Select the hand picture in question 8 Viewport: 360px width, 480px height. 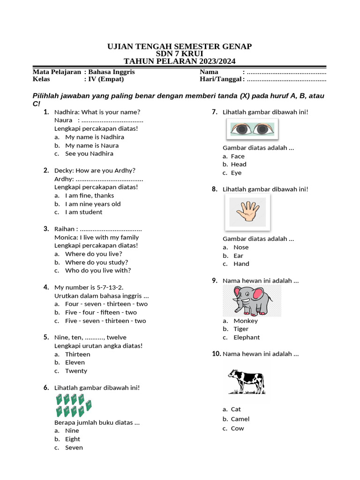(247, 212)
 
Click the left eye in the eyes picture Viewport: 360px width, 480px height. (240, 129)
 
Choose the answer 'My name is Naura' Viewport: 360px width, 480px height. (92, 145)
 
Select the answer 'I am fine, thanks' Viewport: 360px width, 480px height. (90, 195)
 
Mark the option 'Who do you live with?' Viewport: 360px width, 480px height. (98, 270)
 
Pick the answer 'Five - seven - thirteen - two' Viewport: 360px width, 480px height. (105, 321)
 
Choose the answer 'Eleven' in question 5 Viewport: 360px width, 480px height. (75, 362)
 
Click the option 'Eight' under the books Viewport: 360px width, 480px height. (73, 439)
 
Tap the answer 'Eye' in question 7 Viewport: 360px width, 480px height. (236, 172)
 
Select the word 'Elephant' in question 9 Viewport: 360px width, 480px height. (247, 337)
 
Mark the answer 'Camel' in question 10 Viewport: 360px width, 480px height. (240, 419)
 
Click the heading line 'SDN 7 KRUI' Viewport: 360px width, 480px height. (180, 54)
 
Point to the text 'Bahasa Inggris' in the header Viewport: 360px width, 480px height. (112, 72)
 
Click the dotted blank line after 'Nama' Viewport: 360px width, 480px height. (286, 72)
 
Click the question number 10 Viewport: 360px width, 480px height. (216, 354)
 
